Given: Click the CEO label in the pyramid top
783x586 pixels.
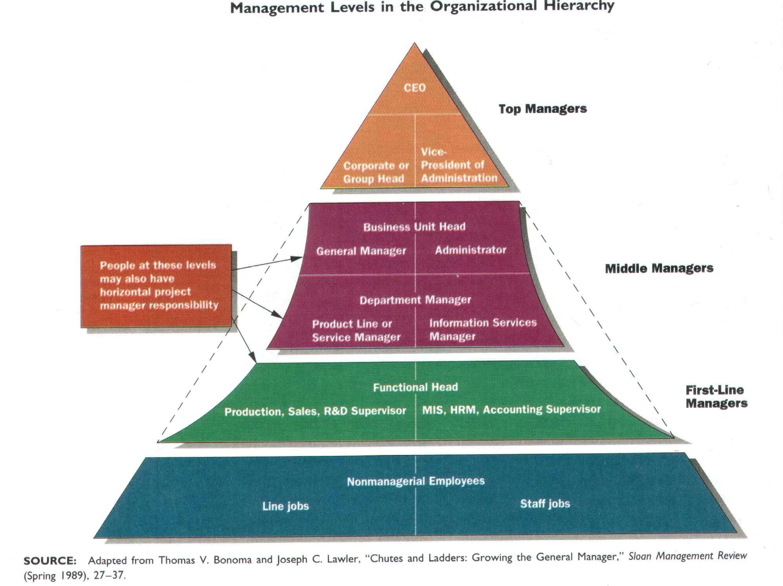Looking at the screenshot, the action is [x=415, y=87].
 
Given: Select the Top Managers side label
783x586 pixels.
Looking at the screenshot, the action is [x=543, y=109].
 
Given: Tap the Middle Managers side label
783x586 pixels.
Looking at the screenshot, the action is [x=659, y=268].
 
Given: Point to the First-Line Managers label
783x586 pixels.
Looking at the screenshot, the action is [x=716, y=397].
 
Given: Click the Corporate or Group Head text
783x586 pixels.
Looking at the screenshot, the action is [x=375, y=172].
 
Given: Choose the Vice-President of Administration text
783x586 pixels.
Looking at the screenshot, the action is [x=459, y=165].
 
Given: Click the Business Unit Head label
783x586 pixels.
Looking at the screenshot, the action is [x=414, y=227].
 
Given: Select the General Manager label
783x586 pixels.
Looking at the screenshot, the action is [x=361, y=251].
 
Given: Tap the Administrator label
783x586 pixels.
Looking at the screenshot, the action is [x=470, y=250].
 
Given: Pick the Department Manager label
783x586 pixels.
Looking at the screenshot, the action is [x=415, y=300].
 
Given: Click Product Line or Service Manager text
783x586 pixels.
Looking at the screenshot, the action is [x=356, y=331].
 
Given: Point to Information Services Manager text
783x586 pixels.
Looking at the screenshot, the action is [x=483, y=329].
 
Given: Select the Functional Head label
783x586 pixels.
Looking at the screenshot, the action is [x=415, y=388].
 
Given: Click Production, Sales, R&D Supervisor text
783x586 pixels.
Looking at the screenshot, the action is [x=315, y=411].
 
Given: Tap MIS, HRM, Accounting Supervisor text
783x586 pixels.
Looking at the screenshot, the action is [x=511, y=409].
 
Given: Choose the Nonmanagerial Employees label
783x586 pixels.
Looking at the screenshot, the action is [x=415, y=481].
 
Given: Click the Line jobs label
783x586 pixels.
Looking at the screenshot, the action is [x=285, y=506].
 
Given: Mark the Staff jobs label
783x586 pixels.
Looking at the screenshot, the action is [x=544, y=504].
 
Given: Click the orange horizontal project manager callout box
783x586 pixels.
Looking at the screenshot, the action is [x=157, y=286].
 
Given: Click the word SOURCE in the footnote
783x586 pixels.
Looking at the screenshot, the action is [x=50, y=561].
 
